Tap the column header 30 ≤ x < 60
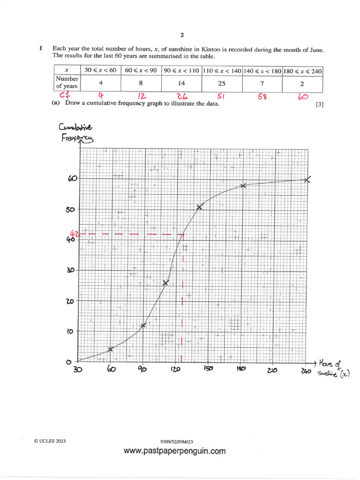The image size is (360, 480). click(x=99, y=70)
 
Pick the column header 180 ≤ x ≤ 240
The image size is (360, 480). click(x=302, y=70)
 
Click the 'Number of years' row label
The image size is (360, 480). click(x=67, y=83)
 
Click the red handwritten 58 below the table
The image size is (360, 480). click(x=262, y=97)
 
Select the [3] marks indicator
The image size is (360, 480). click(x=320, y=105)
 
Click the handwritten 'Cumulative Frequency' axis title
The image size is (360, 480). click(x=76, y=132)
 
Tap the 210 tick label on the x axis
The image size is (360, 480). click(x=272, y=370)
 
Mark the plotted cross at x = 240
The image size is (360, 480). click(x=307, y=180)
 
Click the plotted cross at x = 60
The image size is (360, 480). click(x=111, y=349)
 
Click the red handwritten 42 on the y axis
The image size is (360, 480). click(x=73, y=234)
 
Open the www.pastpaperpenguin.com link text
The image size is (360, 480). click(x=174, y=451)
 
